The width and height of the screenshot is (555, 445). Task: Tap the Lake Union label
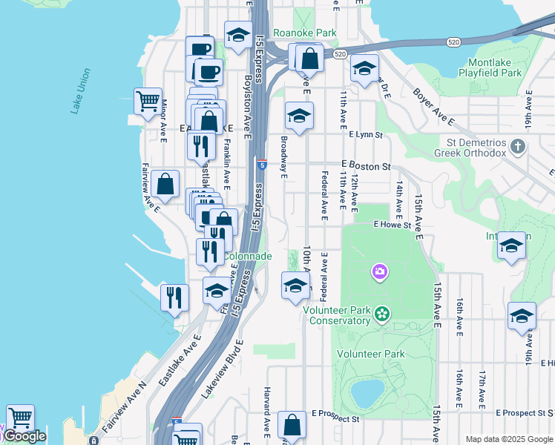click(81, 90)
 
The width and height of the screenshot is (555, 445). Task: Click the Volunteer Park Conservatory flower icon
click(381, 314)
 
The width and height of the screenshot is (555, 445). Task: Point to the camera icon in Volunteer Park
click(380, 273)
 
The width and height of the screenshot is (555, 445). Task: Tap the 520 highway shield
click(340, 54)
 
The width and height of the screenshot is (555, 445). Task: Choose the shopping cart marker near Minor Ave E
click(148, 99)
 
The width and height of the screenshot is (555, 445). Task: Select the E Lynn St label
click(365, 135)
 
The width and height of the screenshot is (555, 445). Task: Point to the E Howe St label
click(392, 224)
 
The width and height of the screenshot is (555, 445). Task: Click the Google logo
click(24, 436)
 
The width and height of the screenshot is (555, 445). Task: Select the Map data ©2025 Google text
click(508, 439)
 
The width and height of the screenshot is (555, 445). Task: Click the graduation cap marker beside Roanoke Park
click(237, 35)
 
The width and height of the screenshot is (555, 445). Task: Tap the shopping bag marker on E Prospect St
click(292, 424)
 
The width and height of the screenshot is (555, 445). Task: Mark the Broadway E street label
click(283, 156)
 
